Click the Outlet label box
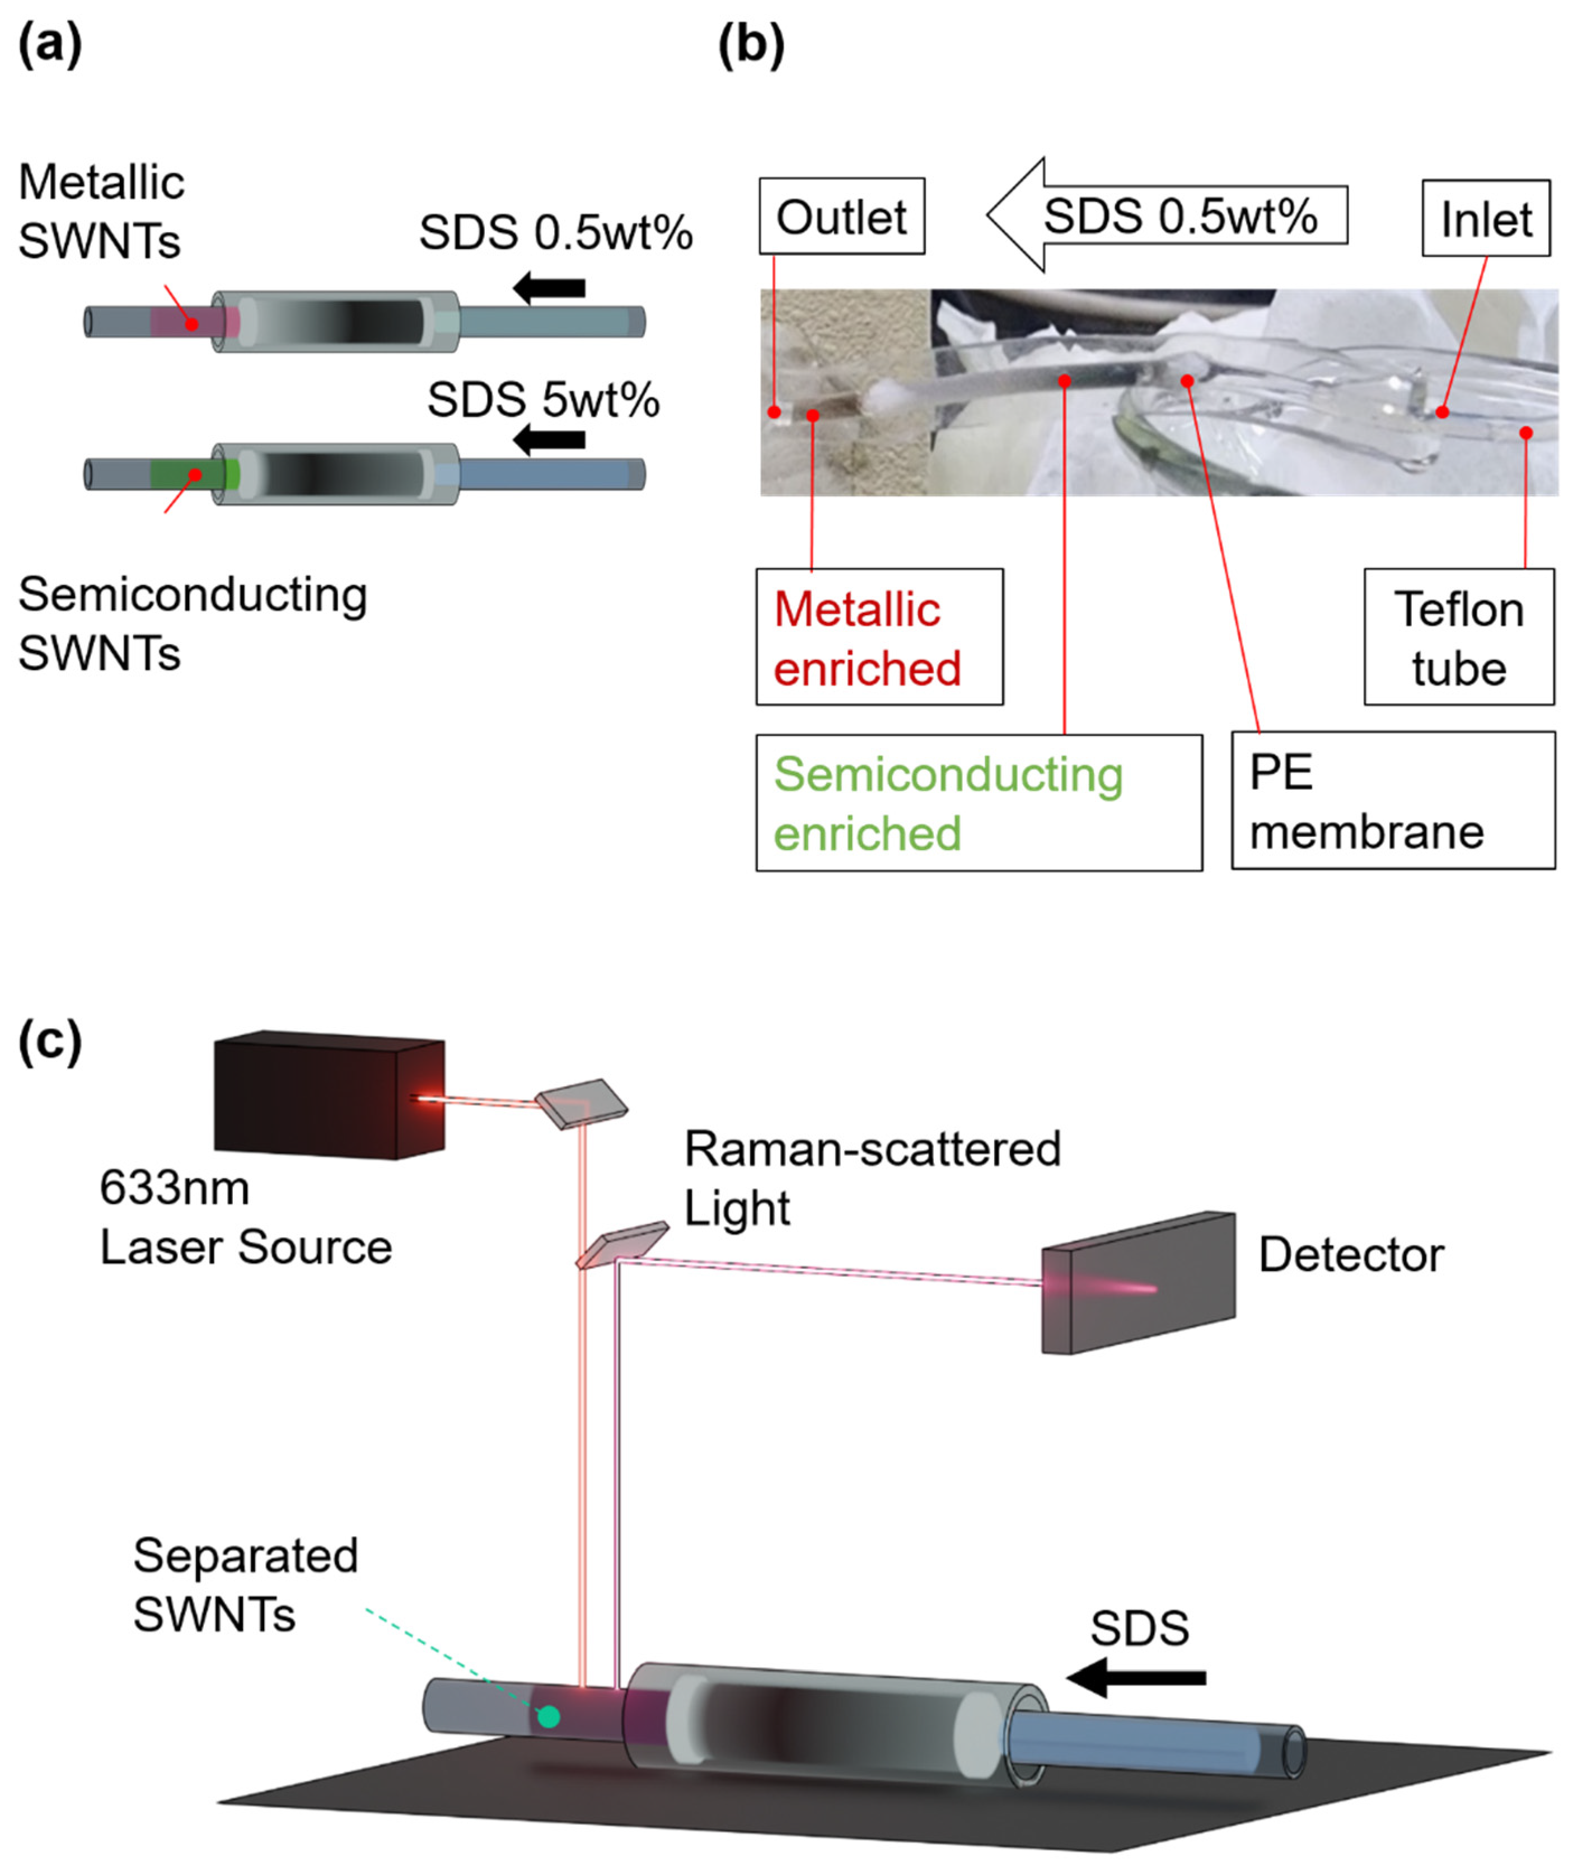click(841, 216)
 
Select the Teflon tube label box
click(1458, 637)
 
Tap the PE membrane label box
click(1392, 801)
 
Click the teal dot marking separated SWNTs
click(549, 1716)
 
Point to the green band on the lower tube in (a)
click(194, 475)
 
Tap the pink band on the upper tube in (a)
click(194, 322)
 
